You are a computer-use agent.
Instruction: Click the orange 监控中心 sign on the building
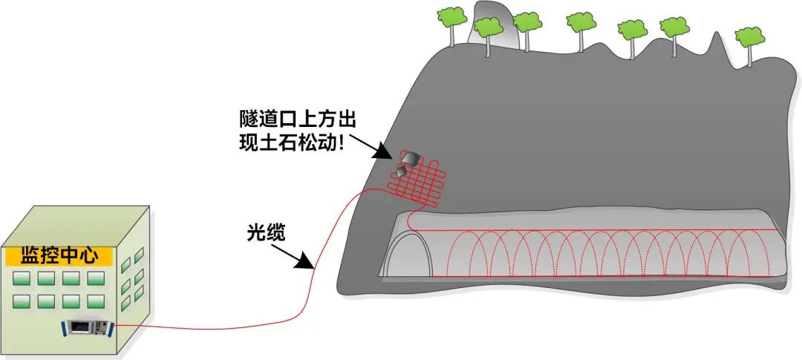59,257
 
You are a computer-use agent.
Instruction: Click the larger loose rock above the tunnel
408,158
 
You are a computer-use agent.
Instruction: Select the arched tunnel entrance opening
408,256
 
